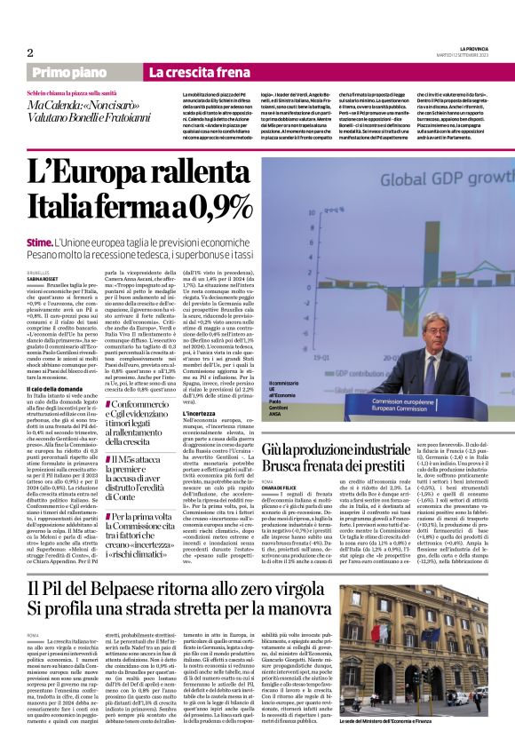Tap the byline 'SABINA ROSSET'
tap(45, 279)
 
